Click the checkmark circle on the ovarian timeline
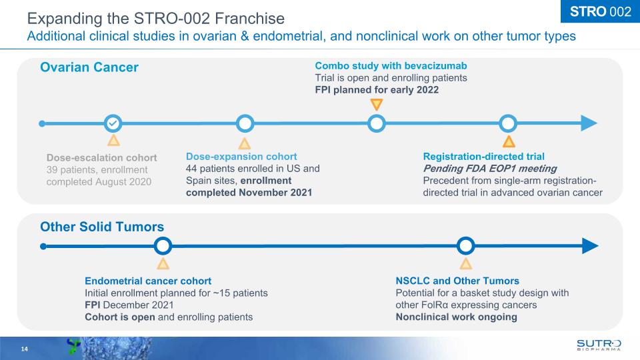pyautogui.click(x=113, y=123)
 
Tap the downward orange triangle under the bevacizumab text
pyautogui.click(x=376, y=104)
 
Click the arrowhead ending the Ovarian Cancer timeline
pyautogui.click(x=589, y=123)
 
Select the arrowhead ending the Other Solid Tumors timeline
pyautogui.click(x=590, y=246)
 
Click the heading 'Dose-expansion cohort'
pyautogui.click(x=241, y=156)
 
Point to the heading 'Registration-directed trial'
pyautogui.click(x=484, y=156)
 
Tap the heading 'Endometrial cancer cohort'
pyautogui.click(x=148, y=281)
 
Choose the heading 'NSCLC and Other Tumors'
pyautogui.click(x=457, y=281)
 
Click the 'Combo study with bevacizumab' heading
pyautogui.click(x=391, y=66)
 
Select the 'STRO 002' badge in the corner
pyautogui.click(x=601, y=11)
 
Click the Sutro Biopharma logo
pyautogui.click(x=599, y=345)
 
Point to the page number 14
pyautogui.click(x=25, y=349)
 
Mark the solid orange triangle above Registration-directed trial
pyautogui.click(x=509, y=141)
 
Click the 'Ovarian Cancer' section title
pyautogui.click(x=89, y=67)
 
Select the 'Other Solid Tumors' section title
pyautogui.click(x=102, y=227)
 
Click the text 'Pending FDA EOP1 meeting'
pyautogui.click(x=490, y=169)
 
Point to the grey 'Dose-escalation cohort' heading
pyautogui.click(x=101, y=157)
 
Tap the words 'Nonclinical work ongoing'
pyautogui.click(x=456, y=317)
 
